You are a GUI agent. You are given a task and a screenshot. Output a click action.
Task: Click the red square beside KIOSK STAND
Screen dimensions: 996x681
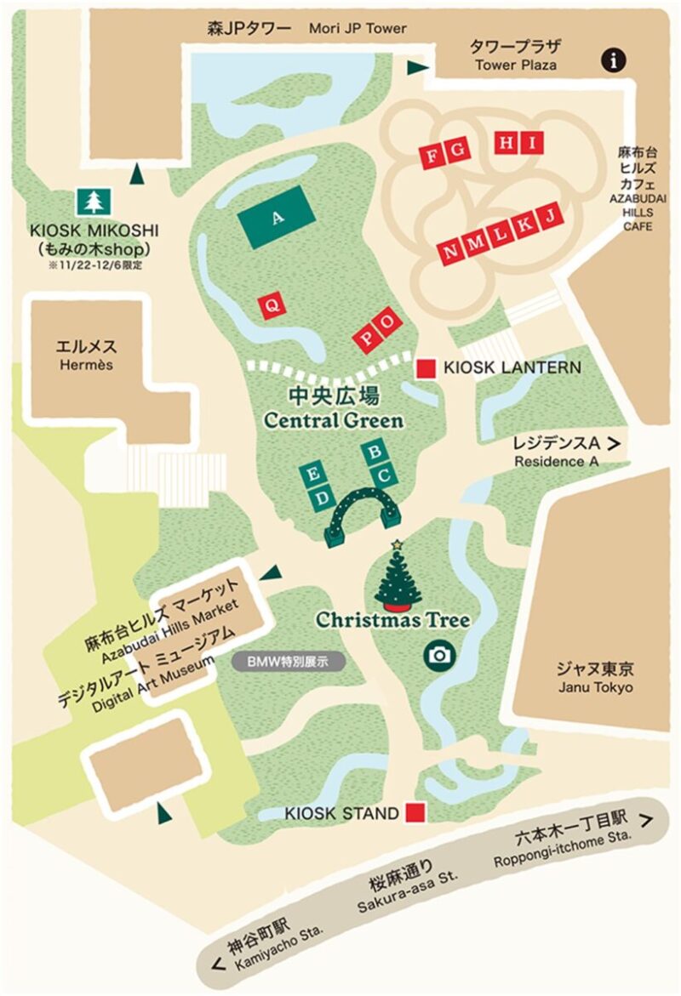tap(415, 812)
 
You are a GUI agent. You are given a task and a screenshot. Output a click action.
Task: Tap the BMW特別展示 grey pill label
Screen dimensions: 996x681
tap(288, 660)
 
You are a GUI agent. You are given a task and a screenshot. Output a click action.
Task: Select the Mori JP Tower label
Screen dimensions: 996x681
tap(306, 29)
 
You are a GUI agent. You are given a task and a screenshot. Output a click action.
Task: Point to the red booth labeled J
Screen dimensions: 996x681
tap(551, 217)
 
